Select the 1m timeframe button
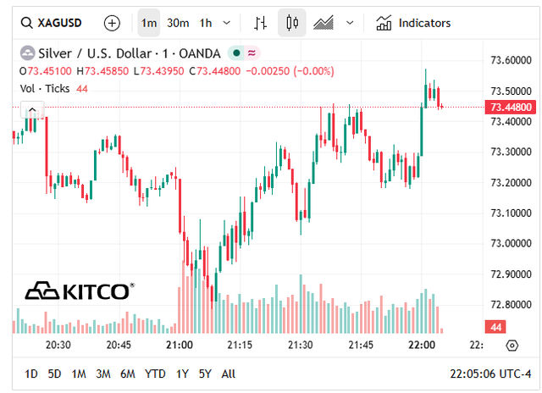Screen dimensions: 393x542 pyautogui.click(x=149, y=23)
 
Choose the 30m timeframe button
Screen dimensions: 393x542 pyautogui.click(x=178, y=23)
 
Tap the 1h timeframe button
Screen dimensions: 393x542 pyautogui.click(x=206, y=23)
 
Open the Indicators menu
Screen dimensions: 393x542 pyautogui.click(x=414, y=23)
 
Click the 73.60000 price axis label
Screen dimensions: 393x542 pyautogui.click(x=511, y=60)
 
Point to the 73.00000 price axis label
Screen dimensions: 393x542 pyautogui.click(x=511, y=244)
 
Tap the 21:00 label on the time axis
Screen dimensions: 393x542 pyautogui.click(x=180, y=346)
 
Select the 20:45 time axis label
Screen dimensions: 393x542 pyautogui.click(x=119, y=346)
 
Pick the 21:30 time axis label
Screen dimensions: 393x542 pyautogui.click(x=301, y=346)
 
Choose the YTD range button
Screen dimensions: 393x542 pyautogui.click(x=155, y=374)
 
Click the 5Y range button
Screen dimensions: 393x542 pyautogui.click(x=205, y=374)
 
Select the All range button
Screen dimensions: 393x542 pyautogui.click(x=229, y=374)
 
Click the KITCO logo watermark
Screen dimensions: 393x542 pyautogui.click(x=78, y=291)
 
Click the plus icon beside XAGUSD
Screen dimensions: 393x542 pyautogui.click(x=112, y=23)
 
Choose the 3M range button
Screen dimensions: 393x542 pyautogui.click(x=103, y=374)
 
